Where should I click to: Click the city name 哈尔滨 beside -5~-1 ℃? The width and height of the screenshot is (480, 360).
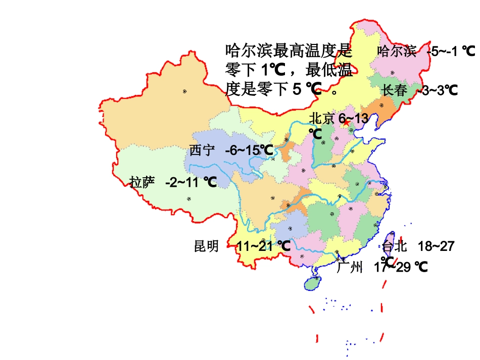point(397,51)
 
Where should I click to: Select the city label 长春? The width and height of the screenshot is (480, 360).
point(395,90)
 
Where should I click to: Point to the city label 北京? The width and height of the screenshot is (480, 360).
point(322,119)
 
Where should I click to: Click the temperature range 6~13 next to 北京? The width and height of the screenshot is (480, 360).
point(354,119)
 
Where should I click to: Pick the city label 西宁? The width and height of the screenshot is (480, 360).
point(203,150)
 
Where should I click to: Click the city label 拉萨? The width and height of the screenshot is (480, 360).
point(142,182)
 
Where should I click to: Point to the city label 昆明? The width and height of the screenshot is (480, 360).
point(207,246)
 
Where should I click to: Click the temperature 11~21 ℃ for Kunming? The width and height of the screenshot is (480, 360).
point(263,246)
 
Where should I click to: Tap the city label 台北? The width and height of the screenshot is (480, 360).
point(395,246)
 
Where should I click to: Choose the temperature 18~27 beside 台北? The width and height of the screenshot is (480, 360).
point(436,246)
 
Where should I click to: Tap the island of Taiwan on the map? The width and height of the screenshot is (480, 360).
point(389,242)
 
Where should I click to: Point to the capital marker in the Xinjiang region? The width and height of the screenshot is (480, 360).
point(185,91)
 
